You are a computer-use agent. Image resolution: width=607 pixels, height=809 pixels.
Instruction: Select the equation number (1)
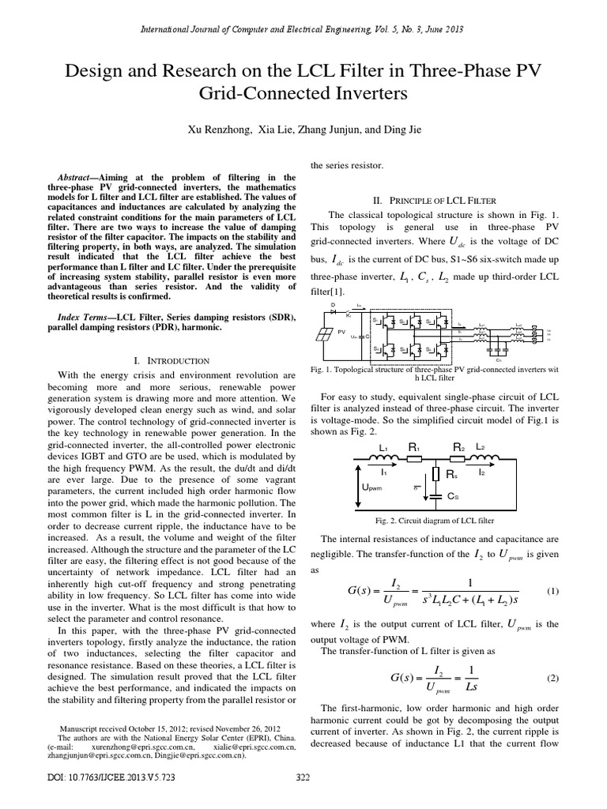[552, 591]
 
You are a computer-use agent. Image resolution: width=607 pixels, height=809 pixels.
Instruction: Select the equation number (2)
[552, 679]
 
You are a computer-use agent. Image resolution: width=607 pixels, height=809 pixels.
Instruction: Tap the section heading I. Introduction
[170, 359]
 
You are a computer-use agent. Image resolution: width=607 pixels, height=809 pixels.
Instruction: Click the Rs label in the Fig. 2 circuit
[451, 476]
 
